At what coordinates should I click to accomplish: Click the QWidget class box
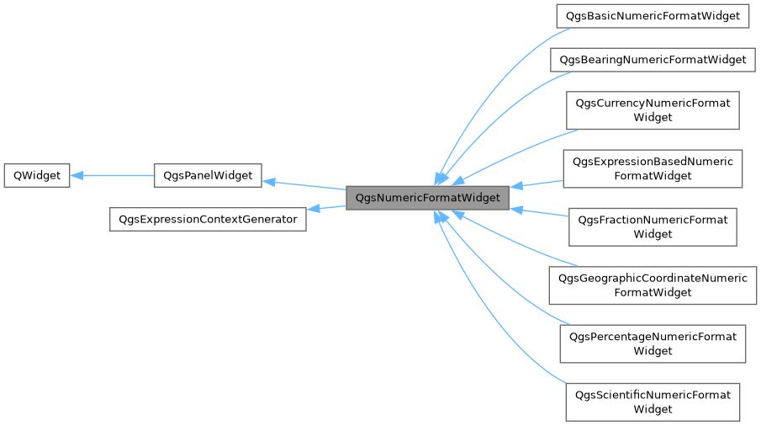point(36,175)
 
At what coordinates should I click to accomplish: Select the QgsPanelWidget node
point(209,175)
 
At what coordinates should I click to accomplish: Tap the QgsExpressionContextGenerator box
point(208,219)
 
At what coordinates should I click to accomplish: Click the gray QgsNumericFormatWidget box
point(427,198)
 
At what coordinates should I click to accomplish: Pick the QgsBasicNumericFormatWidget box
point(653,15)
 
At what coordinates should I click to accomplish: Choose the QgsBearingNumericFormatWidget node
point(653,60)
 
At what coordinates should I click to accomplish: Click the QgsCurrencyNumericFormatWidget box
point(653,110)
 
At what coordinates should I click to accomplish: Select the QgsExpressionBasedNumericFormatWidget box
point(653,168)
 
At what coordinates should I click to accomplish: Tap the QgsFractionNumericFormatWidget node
point(653,227)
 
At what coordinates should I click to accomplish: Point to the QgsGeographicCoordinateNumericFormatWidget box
point(653,285)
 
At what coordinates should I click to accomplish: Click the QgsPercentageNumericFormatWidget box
point(653,343)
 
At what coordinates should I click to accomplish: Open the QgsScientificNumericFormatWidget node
point(653,402)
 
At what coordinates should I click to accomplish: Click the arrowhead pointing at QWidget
point(77,175)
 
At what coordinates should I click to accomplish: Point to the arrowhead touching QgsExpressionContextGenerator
point(312,209)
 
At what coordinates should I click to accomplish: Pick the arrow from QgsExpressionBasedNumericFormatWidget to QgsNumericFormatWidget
point(538,184)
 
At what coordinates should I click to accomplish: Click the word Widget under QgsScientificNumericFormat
point(653,409)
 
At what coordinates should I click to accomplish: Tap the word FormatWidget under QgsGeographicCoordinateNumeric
point(653,292)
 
